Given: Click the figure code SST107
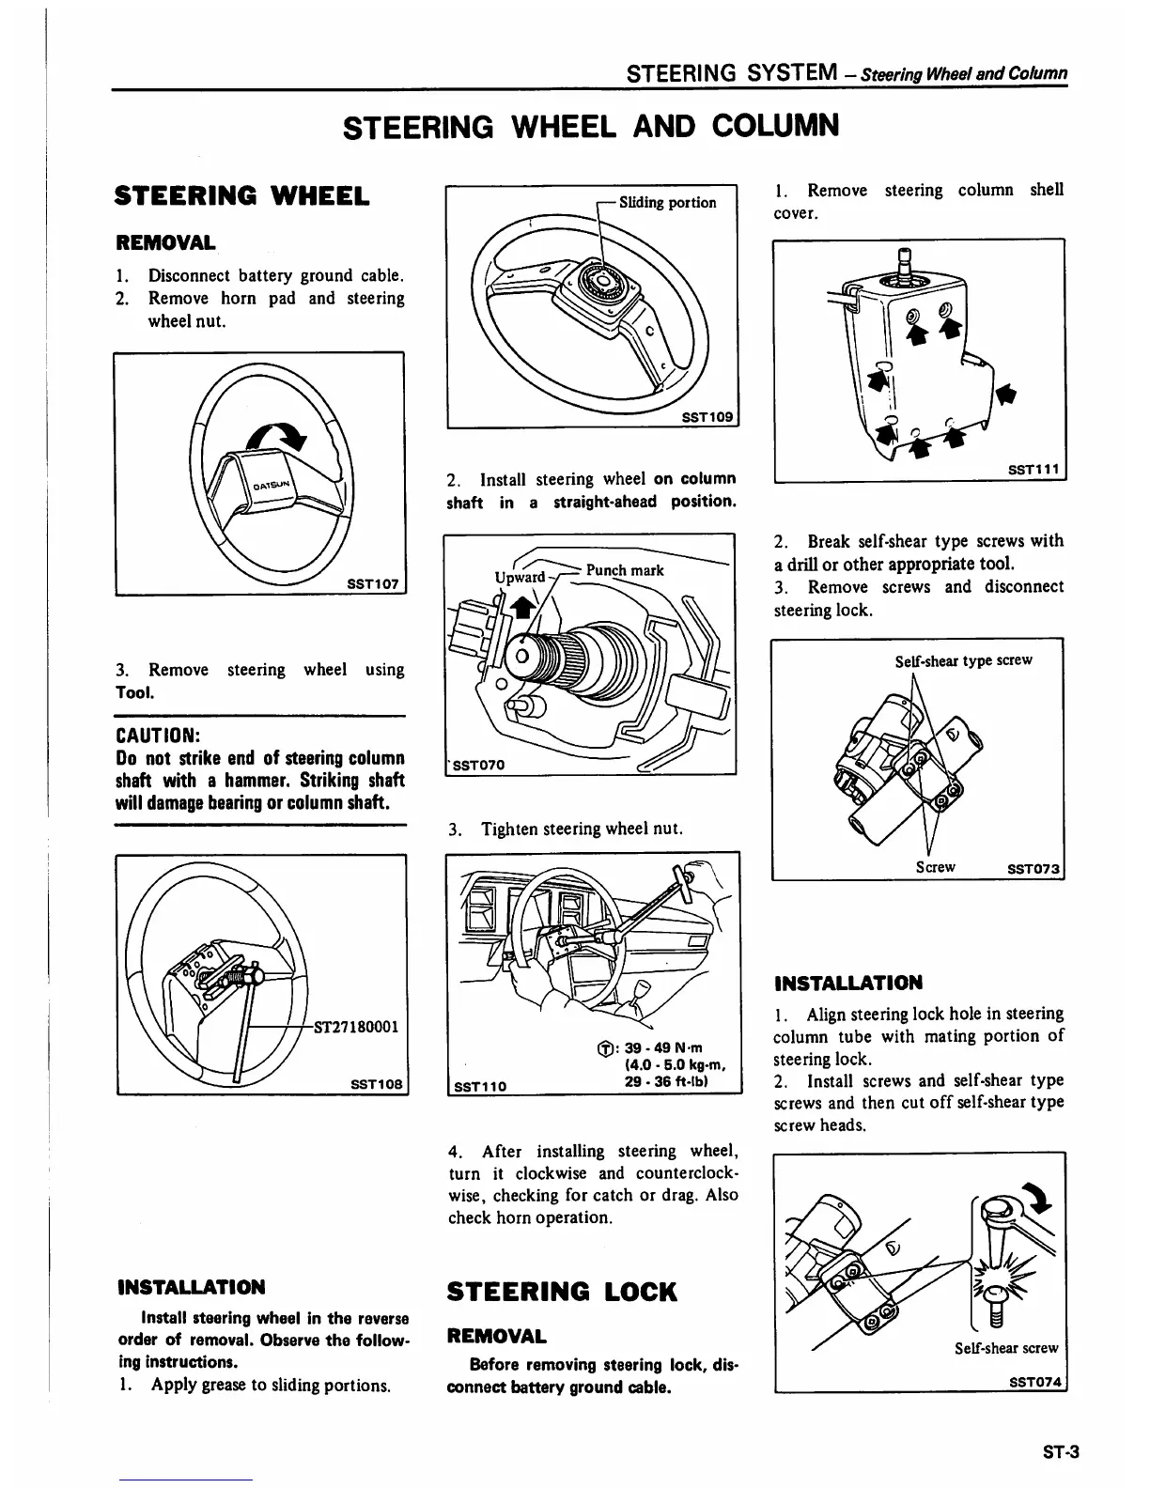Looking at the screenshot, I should tap(373, 583).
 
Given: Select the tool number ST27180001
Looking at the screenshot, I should tap(356, 1025).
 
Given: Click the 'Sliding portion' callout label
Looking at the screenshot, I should tap(667, 202).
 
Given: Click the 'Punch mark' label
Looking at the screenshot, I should tap(625, 570).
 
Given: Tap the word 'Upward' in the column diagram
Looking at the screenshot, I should tap(520, 576).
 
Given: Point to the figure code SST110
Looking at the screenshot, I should tap(480, 1086).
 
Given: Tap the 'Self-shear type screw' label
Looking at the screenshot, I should tap(963, 659).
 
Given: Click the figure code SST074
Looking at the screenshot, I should tap(1034, 1382).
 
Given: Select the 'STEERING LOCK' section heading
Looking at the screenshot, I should tap(562, 1292).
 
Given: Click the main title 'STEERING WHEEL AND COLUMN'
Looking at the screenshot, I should tap(590, 125).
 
